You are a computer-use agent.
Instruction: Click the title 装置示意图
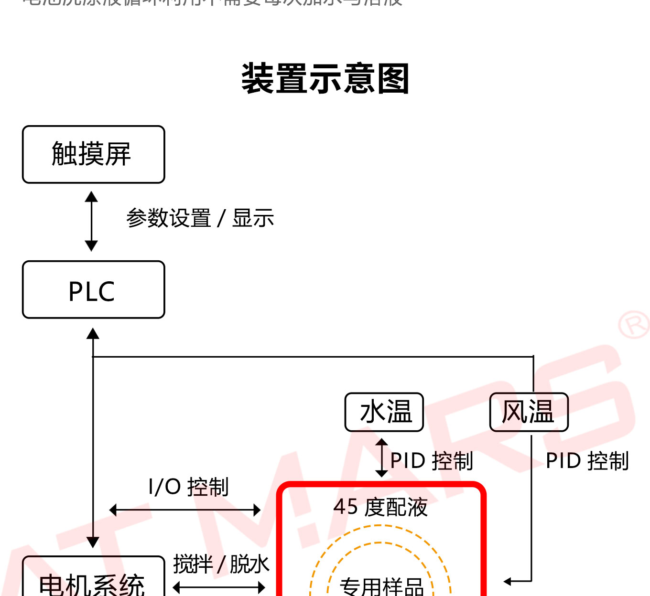click(x=325, y=79)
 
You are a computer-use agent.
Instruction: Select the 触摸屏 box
click(x=93, y=154)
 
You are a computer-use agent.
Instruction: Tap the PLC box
click(x=93, y=290)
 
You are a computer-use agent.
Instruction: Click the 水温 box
click(x=384, y=412)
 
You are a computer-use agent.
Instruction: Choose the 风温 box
click(x=529, y=412)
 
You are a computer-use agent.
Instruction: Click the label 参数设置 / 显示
click(x=200, y=219)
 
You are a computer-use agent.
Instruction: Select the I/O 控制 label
click(x=189, y=487)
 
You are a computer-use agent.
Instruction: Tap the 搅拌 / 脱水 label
click(x=221, y=564)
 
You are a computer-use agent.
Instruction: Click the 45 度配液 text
click(x=380, y=507)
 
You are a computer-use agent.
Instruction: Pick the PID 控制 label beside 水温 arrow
click(x=432, y=461)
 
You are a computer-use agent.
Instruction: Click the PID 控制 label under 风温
click(x=587, y=461)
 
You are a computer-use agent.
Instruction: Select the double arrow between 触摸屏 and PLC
click(x=91, y=221)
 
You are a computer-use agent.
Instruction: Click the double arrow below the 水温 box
click(x=381, y=458)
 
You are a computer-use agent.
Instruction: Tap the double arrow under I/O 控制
click(x=185, y=510)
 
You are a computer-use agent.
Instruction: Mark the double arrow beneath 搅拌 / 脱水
click(x=219, y=587)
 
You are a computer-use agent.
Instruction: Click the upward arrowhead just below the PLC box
click(x=93, y=333)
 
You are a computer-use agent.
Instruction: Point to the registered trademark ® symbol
click(x=634, y=325)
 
